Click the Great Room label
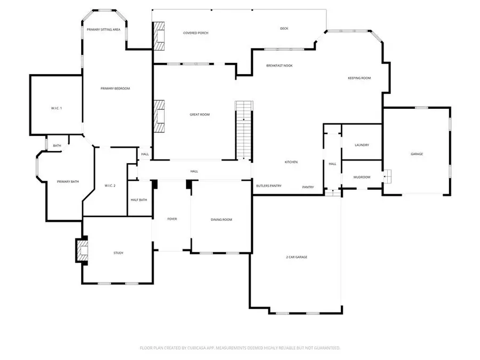pyautogui.click(x=199, y=115)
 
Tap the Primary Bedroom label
pyautogui.click(x=115, y=89)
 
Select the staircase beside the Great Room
pyautogui.click(x=243, y=129)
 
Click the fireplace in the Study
pyautogui.click(x=81, y=251)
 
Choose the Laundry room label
pyautogui.click(x=362, y=145)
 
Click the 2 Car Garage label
pyautogui.click(x=297, y=257)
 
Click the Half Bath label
pyautogui.click(x=139, y=200)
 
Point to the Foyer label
pyautogui.click(x=172, y=219)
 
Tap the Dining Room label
pyautogui.click(x=221, y=219)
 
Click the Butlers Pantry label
pyautogui.click(x=269, y=186)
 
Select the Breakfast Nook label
pyautogui.click(x=279, y=66)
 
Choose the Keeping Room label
pyautogui.click(x=359, y=78)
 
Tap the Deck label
pyautogui.click(x=284, y=28)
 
